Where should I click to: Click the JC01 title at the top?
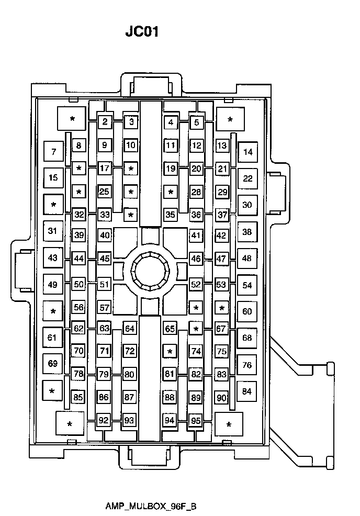142,31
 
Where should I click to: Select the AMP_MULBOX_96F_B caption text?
151,506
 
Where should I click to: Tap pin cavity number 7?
53,151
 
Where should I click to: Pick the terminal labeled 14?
248,152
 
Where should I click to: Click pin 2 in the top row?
105,122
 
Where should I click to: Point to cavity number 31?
53,231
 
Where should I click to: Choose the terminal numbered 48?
247,259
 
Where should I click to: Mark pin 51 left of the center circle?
104,284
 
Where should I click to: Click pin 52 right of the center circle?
196,284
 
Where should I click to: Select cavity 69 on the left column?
53,364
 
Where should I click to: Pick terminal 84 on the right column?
246,391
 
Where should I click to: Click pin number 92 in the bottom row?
103,420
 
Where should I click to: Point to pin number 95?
196,421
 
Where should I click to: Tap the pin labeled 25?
104,192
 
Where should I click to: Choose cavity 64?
130,329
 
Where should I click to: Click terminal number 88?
170,397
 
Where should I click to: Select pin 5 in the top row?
196,122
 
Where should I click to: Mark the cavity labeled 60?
247,311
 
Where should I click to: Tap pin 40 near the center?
105,235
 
